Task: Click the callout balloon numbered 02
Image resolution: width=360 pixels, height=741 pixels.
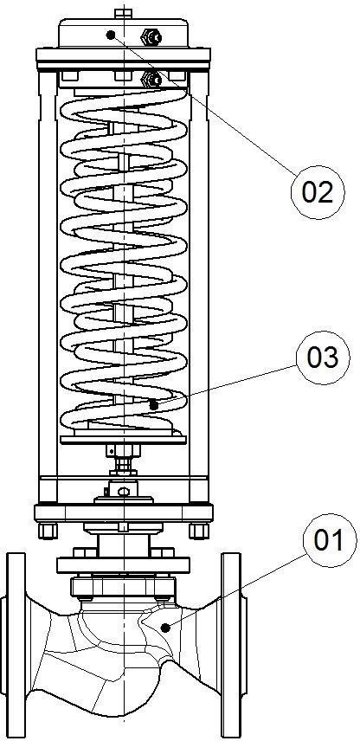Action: [x=318, y=192]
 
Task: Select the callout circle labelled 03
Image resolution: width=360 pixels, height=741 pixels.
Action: [x=323, y=358]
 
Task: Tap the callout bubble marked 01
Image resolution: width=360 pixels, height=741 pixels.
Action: [x=330, y=540]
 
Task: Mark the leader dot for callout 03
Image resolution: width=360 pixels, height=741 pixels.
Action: [x=152, y=405]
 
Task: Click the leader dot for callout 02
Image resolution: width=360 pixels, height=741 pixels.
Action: [x=111, y=35]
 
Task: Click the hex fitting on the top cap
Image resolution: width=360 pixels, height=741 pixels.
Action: [x=152, y=35]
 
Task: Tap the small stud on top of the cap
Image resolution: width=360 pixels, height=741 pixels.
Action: [x=123, y=13]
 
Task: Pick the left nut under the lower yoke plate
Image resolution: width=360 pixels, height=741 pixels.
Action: [x=48, y=531]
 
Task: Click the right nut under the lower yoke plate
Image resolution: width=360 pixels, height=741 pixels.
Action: [x=199, y=531]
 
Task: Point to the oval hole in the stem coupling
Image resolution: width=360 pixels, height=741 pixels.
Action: [x=123, y=492]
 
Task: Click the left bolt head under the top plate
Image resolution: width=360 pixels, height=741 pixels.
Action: [x=69, y=76]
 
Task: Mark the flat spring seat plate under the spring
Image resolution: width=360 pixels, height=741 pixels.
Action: [x=123, y=440]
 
